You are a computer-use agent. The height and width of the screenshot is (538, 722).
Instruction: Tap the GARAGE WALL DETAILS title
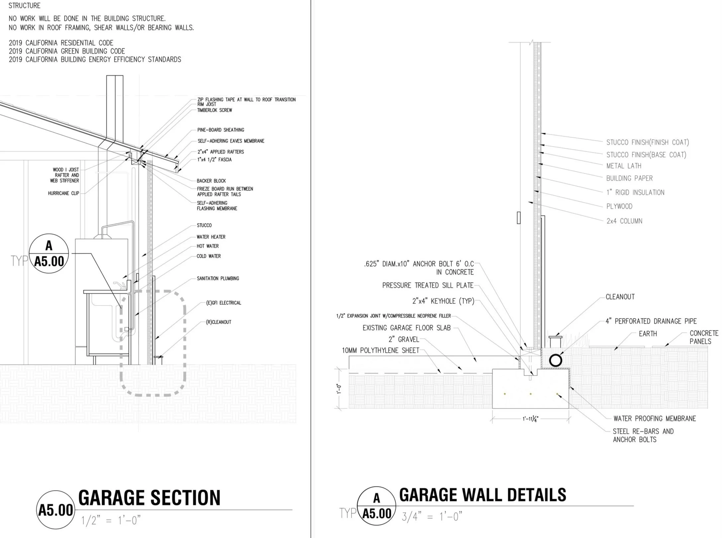click(x=482, y=495)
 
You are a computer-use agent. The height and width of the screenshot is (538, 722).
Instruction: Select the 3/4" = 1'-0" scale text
click(x=432, y=517)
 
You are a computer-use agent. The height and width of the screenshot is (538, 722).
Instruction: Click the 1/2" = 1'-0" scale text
click(x=111, y=520)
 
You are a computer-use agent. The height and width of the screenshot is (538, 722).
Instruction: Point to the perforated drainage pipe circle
click(x=555, y=360)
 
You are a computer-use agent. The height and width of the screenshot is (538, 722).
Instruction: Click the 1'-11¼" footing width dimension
click(x=530, y=419)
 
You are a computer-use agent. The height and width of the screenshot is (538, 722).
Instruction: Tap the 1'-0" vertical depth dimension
click(x=339, y=389)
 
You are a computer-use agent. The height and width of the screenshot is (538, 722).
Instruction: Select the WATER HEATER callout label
click(x=211, y=237)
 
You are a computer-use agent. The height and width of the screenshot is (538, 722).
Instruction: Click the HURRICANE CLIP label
click(x=63, y=193)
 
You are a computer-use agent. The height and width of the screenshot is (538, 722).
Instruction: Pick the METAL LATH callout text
click(x=624, y=166)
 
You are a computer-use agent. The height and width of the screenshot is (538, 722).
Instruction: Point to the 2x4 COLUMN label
click(x=624, y=221)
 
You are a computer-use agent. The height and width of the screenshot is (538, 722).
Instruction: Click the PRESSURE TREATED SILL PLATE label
click(x=427, y=285)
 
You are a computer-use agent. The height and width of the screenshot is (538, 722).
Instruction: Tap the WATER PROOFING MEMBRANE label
click(x=654, y=418)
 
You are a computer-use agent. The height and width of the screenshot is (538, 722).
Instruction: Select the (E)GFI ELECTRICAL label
click(x=223, y=303)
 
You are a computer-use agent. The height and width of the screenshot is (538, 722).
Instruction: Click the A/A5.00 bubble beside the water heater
click(x=49, y=253)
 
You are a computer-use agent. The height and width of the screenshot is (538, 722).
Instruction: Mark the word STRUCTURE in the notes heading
click(x=25, y=6)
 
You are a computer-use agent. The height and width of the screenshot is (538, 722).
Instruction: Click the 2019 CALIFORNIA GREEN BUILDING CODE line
click(x=67, y=51)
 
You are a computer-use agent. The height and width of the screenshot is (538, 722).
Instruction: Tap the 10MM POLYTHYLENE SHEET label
click(x=381, y=350)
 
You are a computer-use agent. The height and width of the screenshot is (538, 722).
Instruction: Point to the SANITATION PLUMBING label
click(x=218, y=278)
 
